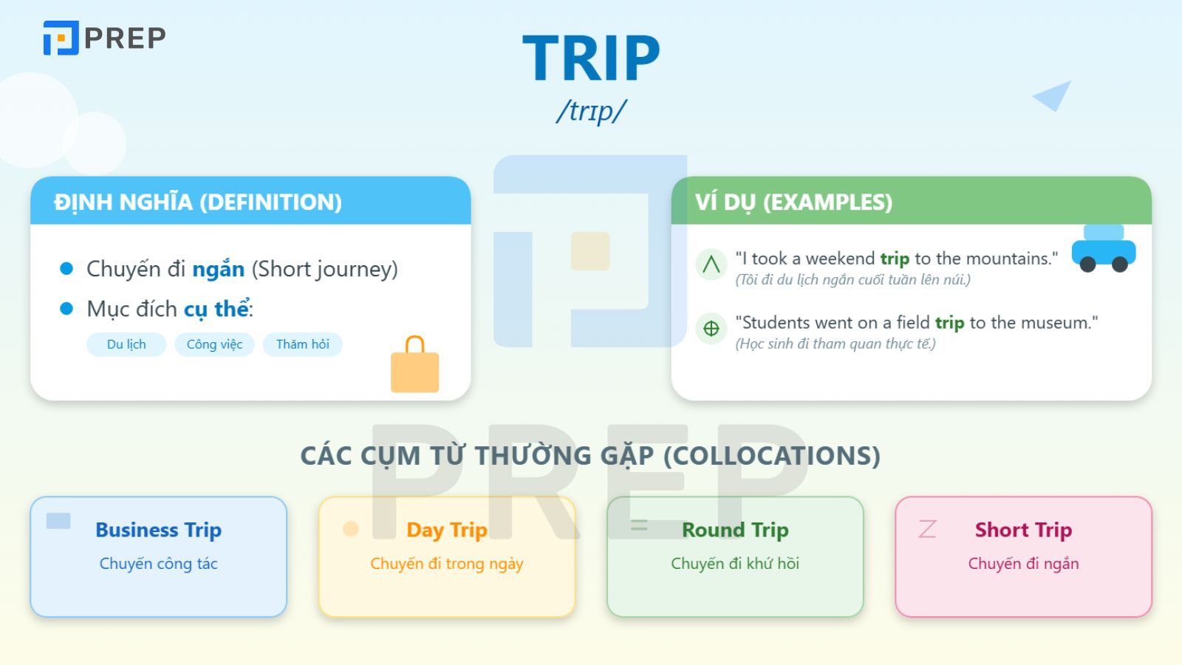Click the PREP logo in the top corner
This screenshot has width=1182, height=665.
pos(104,38)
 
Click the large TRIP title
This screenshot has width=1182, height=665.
pos(591,58)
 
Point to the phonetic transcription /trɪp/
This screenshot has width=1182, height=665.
pos(591,111)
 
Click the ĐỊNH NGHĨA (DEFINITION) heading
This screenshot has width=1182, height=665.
pos(198,202)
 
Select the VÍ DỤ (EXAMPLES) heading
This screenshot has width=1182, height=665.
pos(793,202)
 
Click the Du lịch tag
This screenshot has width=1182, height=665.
pos(126,344)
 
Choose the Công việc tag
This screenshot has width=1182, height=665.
pos(214,344)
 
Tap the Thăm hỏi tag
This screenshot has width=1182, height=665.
pos(302,344)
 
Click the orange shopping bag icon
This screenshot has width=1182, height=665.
pos(414,366)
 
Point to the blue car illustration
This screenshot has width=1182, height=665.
pos(1104,250)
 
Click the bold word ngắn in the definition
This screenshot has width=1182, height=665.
pos(218,269)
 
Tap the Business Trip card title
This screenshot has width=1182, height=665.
pos(158,530)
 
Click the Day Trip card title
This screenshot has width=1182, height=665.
pos(446,530)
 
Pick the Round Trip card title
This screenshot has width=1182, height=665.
pos(735,530)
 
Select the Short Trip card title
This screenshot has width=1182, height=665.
pos(1023,530)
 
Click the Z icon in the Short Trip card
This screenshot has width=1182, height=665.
pos(927,528)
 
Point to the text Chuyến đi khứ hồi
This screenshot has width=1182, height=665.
pos(735,564)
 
